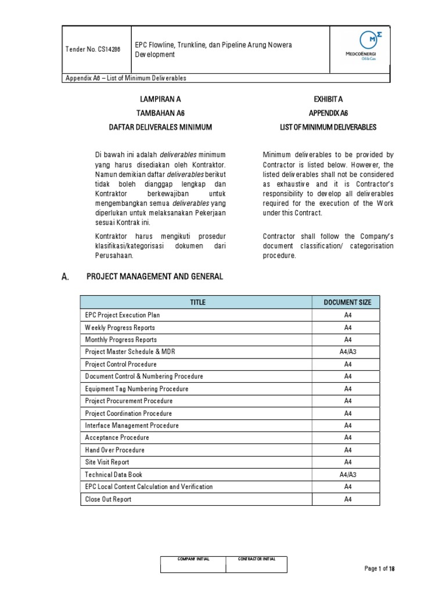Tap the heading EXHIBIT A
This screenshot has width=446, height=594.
[329, 100]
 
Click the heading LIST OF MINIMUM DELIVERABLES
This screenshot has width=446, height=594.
[329, 126]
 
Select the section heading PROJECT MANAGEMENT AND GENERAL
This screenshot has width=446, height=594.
[154, 277]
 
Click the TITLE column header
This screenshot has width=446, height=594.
[197, 302]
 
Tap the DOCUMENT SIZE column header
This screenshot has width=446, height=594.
[347, 302]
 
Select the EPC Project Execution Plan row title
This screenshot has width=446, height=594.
[123, 315]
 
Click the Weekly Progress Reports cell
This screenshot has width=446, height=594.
[120, 327]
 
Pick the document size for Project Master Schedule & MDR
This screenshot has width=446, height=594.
[347, 352]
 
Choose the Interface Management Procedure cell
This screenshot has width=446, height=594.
[132, 425]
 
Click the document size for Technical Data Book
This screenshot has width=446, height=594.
[347, 475]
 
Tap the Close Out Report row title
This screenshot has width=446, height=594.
[109, 499]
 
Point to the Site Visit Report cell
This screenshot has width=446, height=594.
[107, 462]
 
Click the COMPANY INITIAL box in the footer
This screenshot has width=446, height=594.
[194, 564]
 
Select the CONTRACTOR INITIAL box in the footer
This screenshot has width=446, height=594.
[257, 564]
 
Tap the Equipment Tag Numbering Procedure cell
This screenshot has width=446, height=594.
[137, 389]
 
